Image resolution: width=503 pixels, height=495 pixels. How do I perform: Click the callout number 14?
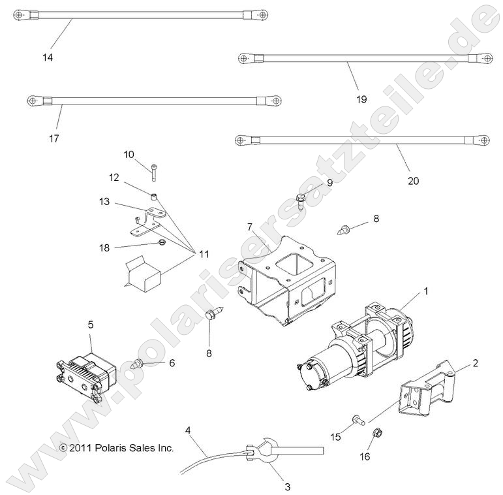(x=48, y=57)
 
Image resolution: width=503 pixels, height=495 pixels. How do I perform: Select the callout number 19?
(x=361, y=99)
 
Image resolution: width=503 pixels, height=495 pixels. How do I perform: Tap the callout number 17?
(x=54, y=138)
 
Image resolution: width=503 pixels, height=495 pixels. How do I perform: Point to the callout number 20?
(x=413, y=181)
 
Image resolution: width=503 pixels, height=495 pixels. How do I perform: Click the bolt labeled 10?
(x=154, y=172)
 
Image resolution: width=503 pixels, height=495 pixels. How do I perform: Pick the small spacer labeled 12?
(x=155, y=196)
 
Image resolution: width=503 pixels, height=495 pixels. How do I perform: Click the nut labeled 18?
(x=162, y=243)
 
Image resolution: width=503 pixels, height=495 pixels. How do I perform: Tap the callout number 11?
(x=204, y=254)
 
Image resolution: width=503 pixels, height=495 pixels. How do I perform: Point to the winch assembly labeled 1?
(x=356, y=348)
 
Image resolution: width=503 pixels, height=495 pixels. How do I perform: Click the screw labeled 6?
(x=137, y=364)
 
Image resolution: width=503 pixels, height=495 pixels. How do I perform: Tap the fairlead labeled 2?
(x=427, y=389)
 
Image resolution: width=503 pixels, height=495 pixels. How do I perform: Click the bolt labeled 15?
(x=358, y=420)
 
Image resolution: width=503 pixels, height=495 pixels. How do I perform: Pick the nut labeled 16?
(x=377, y=433)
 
